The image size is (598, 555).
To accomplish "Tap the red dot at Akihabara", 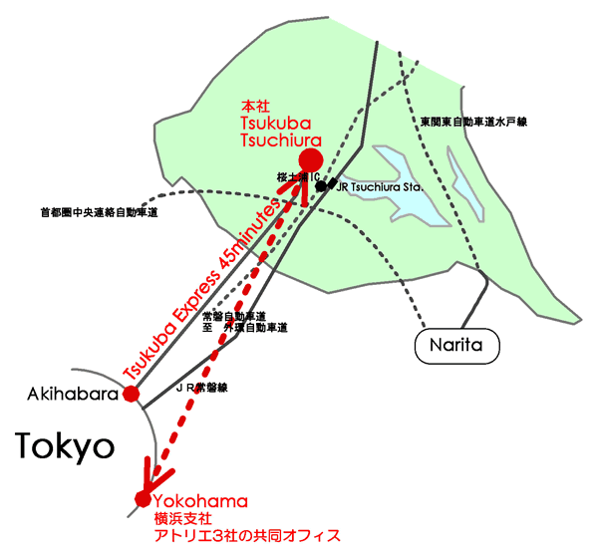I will click(x=131, y=394).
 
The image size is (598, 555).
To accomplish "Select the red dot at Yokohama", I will click(x=143, y=497).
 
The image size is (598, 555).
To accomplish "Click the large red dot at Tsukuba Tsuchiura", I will click(x=310, y=159).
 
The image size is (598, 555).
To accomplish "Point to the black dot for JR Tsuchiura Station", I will click(x=321, y=186).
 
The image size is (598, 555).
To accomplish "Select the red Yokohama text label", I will click(x=200, y=500).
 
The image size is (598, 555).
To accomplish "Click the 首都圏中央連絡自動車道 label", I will click(x=100, y=212).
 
